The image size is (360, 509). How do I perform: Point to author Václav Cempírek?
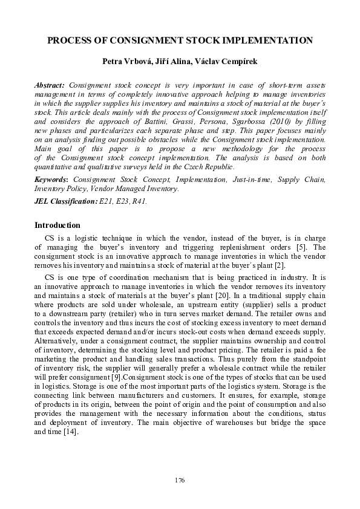tap(233, 63)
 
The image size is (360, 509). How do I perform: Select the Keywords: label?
tap(52, 180)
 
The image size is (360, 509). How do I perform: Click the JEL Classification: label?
tap(66, 201)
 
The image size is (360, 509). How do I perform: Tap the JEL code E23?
tap(123, 201)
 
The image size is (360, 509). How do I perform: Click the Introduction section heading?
tap(57, 225)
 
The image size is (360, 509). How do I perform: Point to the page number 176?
tap(180, 480)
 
